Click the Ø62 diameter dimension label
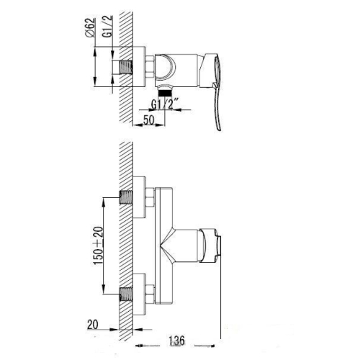pyautogui.click(x=90, y=27)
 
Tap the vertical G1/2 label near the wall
pyautogui.click(x=107, y=26)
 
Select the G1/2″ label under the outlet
pyautogui.click(x=166, y=104)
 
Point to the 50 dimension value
pyautogui.click(x=148, y=120)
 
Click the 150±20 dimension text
pyautogui.click(x=98, y=246)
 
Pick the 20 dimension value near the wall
pyautogui.click(x=93, y=325)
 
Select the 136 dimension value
pyautogui.click(x=177, y=341)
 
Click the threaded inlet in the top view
pyautogui.click(x=126, y=67)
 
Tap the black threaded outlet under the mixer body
pyautogui.click(x=165, y=92)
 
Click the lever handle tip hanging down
pyautogui.click(x=218, y=127)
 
